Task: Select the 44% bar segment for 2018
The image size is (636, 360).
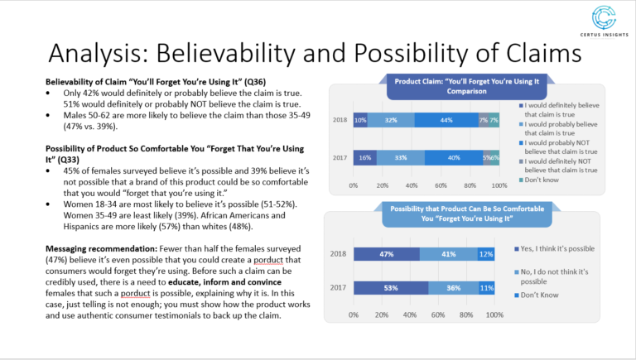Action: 446,120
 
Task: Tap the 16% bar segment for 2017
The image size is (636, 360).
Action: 364,157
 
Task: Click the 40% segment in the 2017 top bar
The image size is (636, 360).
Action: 453,157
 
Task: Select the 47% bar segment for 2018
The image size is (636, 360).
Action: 386,254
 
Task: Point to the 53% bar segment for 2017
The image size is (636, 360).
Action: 390,287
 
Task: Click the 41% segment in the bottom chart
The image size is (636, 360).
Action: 448,254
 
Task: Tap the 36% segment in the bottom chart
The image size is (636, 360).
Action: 453,287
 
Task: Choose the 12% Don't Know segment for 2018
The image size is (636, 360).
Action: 485,254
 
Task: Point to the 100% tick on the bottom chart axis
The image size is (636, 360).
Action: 494,315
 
